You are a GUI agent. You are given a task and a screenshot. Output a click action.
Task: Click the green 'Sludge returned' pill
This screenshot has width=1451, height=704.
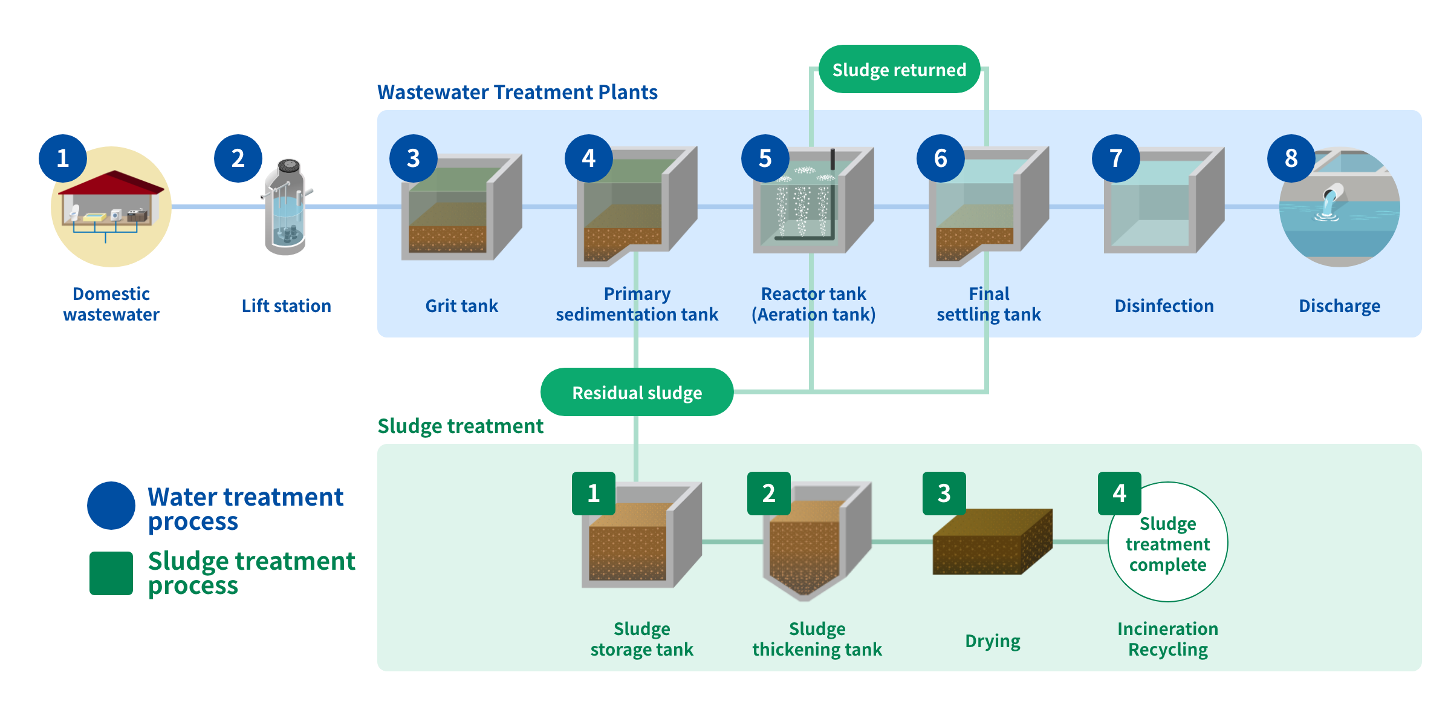point(899,69)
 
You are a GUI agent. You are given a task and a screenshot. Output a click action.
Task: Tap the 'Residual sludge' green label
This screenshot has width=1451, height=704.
point(637,392)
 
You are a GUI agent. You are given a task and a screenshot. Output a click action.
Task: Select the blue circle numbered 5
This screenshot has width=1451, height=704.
point(765,158)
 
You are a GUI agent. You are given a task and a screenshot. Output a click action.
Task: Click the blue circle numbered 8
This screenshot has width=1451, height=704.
point(1291,158)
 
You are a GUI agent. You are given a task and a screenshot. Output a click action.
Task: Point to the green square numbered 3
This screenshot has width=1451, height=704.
point(944,494)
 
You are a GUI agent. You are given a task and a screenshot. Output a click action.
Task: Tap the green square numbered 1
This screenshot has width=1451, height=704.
point(593,494)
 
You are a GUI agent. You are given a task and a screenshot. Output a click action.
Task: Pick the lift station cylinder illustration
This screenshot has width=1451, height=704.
point(286,207)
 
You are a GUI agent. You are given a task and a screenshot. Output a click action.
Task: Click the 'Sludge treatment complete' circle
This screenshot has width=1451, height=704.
point(1167,542)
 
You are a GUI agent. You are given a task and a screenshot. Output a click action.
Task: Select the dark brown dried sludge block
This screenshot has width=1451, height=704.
point(992,541)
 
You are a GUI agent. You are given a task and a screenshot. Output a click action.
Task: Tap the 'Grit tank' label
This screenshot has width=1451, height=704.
point(461,305)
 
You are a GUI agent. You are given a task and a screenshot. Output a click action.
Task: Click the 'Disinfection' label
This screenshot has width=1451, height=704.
point(1164,305)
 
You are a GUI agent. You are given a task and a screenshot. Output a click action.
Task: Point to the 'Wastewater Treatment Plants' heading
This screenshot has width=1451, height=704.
point(518,92)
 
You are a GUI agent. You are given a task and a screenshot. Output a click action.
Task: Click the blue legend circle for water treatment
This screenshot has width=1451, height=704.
point(111,506)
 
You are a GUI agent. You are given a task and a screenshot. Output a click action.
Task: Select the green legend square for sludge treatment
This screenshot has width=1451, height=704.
point(111,573)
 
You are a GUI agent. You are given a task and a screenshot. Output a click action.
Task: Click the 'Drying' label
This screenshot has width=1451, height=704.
point(992,641)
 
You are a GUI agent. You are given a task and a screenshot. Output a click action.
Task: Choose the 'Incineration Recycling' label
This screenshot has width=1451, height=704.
point(1167,639)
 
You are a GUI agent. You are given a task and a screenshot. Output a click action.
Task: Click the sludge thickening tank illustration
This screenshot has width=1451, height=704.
point(817,541)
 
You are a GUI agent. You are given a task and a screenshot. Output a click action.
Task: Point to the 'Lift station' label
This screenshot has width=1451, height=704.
point(286,305)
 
